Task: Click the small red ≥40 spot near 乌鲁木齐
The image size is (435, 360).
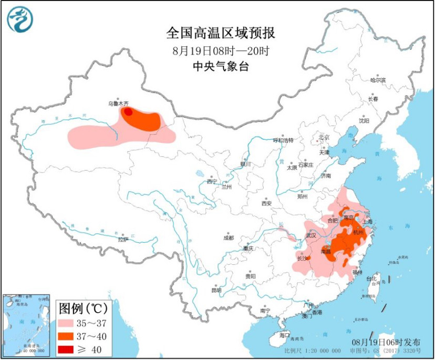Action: pyautogui.click(x=128, y=111)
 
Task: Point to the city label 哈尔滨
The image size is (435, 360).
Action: pyautogui.click(x=377, y=80)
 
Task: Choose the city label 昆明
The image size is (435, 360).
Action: pyautogui.click(x=216, y=290)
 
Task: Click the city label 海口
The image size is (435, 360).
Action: pyautogui.click(x=284, y=335)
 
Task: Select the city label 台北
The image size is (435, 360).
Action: pyautogui.click(x=371, y=278)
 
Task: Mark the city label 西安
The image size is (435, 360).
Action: pyautogui.click(x=266, y=203)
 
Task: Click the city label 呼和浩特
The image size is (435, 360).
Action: pyautogui.click(x=283, y=140)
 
